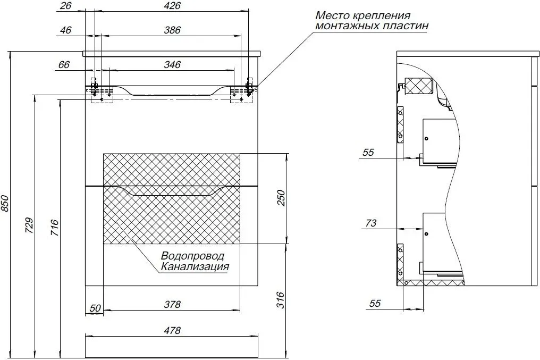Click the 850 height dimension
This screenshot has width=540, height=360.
pos(5,204)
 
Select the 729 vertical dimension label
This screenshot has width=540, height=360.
pos(30,225)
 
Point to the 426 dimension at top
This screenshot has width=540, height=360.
pos(172,6)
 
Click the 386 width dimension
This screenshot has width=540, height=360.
pos(172,30)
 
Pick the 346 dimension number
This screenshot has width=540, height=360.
pos(172,64)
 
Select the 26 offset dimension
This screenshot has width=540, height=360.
pos(65,6)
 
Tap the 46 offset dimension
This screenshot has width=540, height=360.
pos(65,30)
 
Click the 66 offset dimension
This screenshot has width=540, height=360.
pos(64,64)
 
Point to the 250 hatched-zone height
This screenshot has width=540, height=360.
pos(282,198)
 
